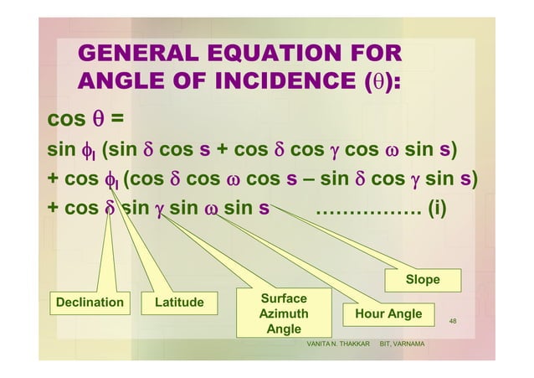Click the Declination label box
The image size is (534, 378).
(90, 302)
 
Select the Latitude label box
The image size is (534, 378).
(179, 302)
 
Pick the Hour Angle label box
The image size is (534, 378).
(388, 313)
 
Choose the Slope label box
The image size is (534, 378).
(422, 279)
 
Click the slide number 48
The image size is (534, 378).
(453, 320)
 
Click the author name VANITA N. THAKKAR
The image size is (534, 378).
(339, 345)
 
